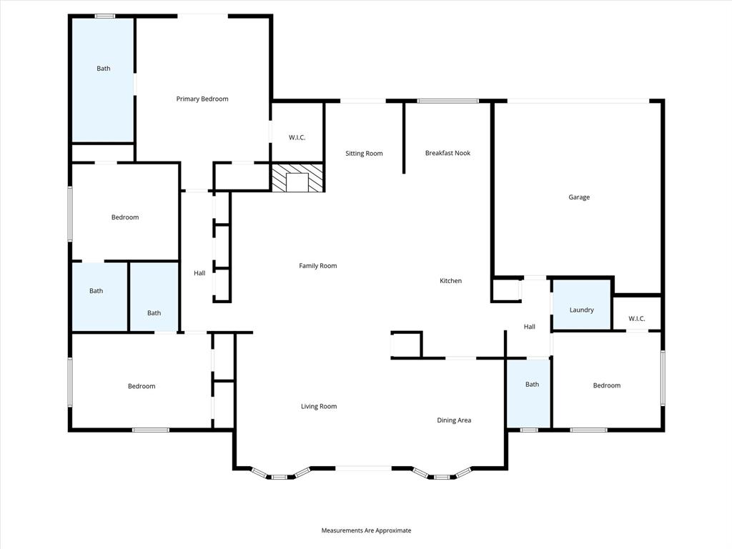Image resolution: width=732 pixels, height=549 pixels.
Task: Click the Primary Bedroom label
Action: (x=202, y=99)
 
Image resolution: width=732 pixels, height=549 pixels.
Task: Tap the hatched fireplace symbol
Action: (x=297, y=177)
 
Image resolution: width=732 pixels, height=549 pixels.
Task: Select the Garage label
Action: (x=579, y=197)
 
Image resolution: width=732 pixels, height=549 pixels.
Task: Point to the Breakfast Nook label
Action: (x=447, y=153)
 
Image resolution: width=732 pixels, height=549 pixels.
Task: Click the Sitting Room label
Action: (x=364, y=153)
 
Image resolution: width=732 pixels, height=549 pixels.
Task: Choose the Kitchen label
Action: (x=450, y=281)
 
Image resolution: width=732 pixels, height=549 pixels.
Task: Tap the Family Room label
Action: (x=317, y=266)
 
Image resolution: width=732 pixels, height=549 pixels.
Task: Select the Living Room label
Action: (x=318, y=406)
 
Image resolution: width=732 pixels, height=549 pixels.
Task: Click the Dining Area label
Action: (x=454, y=420)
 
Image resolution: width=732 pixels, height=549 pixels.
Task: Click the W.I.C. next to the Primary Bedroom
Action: (x=297, y=137)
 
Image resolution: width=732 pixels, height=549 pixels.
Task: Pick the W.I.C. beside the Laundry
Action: (x=636, y=318)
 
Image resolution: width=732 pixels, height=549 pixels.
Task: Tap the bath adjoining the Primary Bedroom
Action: (x=104, y=69)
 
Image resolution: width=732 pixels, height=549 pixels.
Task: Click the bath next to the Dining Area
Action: (x=532, y=385)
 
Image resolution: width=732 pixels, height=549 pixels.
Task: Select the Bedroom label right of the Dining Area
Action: (x=606, y=385)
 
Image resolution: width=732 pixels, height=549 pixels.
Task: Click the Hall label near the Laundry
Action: (x=529, y=327)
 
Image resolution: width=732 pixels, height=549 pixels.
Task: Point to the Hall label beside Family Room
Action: (x=199, y=273)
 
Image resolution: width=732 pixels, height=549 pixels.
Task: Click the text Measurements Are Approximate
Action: (x=366, y=530)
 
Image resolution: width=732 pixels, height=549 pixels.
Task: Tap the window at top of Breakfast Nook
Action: (x=448, y=101)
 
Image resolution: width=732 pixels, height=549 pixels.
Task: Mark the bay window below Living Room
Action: (x=280, y=474)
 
